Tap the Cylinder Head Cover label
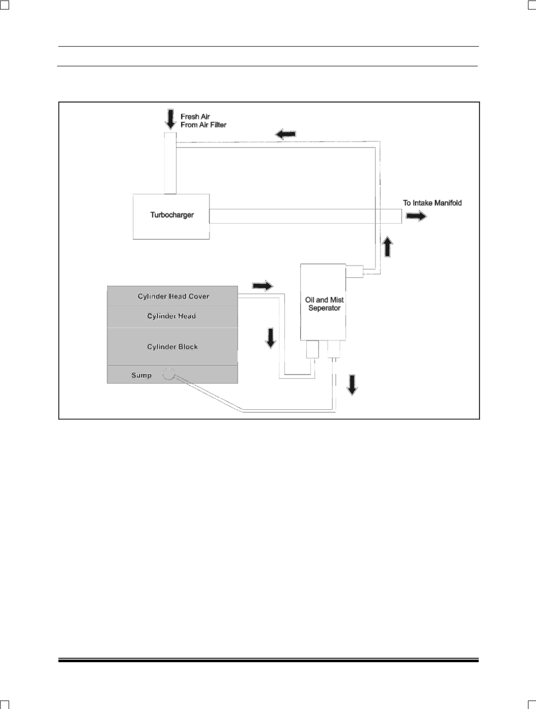[174, 296]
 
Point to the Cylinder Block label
[173, 347]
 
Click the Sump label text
[142, 375]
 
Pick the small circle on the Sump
[169, 374]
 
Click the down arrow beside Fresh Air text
[171, 119]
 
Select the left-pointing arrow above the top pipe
[285, 134]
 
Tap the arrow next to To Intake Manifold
[416, 216]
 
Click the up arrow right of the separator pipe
[387, 247]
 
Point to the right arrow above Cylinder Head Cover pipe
[263, 286]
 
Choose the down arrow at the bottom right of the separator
[352, 385]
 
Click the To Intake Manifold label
[432, 203]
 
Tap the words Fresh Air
[195, 117]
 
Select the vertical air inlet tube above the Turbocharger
[170, 163]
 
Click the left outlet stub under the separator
[313, 349]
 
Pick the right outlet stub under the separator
[334, 349]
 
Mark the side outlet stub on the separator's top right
[355, 271]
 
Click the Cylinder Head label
[172, 316]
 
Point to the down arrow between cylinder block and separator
[270, 338]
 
